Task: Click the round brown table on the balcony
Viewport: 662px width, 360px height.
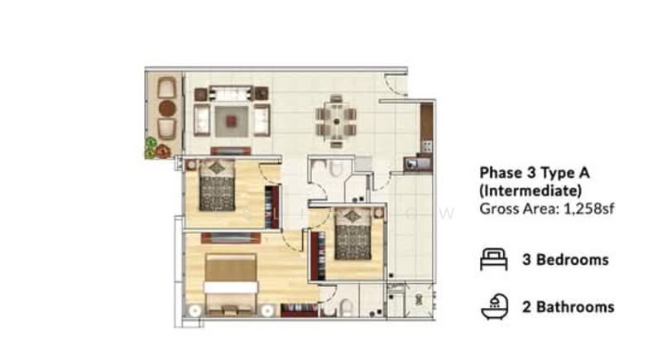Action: click(167, 108)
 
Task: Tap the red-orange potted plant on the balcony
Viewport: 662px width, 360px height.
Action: click(162, 151)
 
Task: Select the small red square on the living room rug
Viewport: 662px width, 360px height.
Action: click(231, 122)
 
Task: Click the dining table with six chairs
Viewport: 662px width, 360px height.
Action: click(336, 121)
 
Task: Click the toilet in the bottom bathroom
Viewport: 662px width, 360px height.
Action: click(346, 308)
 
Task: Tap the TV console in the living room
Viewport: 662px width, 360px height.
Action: click(231, 151)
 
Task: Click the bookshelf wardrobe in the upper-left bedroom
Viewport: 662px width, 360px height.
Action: click(272, 207)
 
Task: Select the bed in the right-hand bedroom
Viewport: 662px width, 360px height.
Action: click(353, 233)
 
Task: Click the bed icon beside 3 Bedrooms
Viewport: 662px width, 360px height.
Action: click(493, 259)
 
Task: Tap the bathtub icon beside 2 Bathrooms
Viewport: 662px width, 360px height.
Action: click(495, 307)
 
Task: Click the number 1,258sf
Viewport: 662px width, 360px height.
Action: click(589, 209)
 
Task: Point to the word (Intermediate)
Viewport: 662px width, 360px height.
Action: click(530, 191)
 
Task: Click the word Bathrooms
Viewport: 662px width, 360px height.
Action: click(575, 307)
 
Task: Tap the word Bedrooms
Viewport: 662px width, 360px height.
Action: click(573, 260)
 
